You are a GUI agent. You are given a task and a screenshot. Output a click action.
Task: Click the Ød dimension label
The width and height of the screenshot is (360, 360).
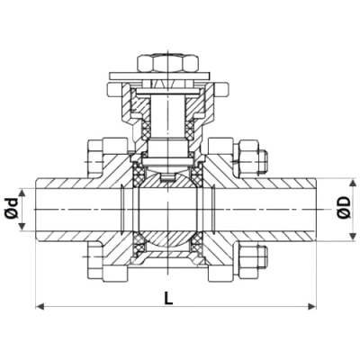(11, 208)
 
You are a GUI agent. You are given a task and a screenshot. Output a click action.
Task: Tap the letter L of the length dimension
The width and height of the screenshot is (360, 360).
(169, 297)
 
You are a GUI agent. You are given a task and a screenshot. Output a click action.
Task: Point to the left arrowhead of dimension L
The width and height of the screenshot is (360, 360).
(39, 308)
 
